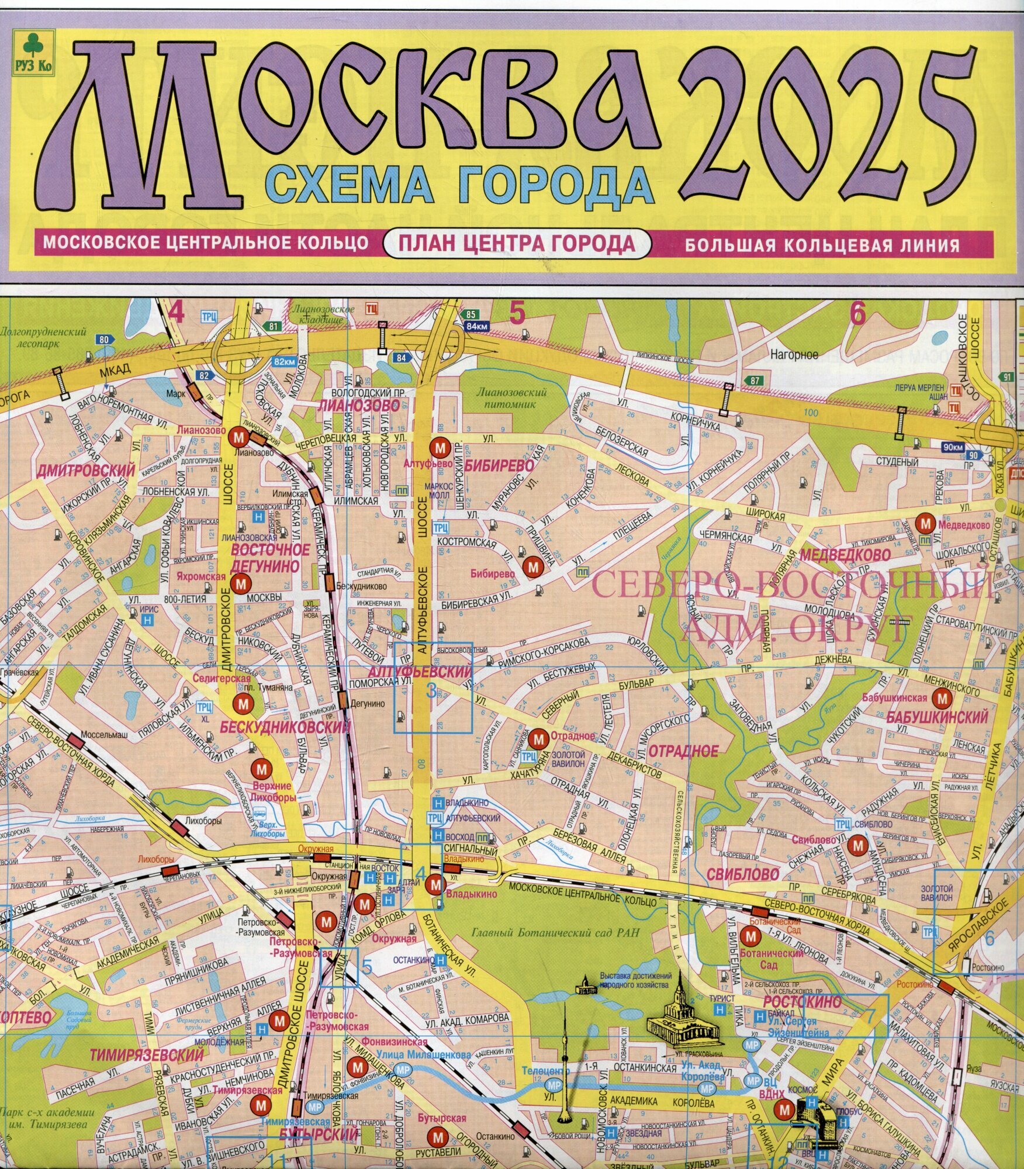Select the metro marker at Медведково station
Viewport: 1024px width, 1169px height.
point(925,523)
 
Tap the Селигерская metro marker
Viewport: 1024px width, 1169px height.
point(241,704)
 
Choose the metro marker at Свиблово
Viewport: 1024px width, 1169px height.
point(857,845)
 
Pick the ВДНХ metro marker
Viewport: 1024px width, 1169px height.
point(786,1109)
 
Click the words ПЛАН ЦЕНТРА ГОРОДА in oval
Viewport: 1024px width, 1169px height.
point(517,243)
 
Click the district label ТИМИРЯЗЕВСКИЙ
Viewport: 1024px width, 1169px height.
point(147,1055)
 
